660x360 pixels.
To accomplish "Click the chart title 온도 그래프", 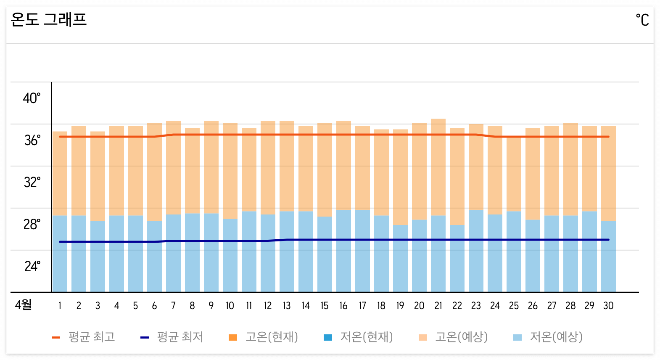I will pos(49,19).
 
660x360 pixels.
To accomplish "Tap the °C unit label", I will pos(642,20).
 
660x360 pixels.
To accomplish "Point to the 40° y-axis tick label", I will pos(32,98).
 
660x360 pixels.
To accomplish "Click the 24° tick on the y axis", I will pos(32,267).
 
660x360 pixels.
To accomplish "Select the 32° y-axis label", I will pos(32,183).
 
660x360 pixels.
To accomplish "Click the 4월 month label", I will pos(24,305).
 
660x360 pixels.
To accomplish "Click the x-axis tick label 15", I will pos(325,306).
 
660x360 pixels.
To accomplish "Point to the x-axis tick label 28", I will pos(570,306).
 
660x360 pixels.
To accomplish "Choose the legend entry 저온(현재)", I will pos(359,337).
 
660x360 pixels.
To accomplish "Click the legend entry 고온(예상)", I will pos(454,337).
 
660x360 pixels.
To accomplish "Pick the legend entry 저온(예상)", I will pos(548,337).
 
